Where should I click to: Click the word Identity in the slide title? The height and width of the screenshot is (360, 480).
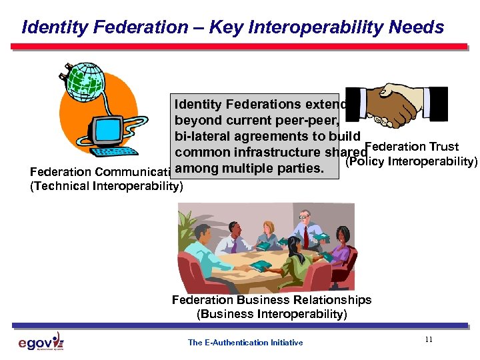pos(49,27)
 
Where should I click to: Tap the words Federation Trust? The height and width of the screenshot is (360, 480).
pos(412,147)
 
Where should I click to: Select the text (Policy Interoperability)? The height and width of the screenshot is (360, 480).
pos(411,161)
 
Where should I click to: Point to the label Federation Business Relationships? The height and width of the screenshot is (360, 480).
pos(271,300)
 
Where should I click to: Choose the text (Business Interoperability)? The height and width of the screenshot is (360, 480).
pos(272,314)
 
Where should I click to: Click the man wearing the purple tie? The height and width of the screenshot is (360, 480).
pos(227,239)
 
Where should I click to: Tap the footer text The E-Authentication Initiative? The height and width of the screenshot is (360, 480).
pos(245,343)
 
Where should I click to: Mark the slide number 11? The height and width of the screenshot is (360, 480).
pos(428,340)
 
